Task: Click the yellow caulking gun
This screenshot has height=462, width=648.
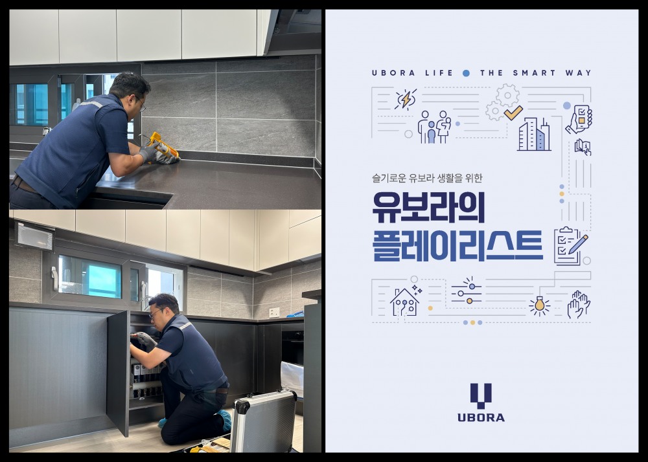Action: (162, 144)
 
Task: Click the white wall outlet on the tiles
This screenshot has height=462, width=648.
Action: (274, 312)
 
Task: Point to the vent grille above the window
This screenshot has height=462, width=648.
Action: (35, 237)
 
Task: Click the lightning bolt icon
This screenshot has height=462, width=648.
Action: (406, 100)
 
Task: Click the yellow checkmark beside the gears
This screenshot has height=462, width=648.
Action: (513, 113)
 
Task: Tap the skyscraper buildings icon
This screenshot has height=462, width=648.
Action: (533, 134)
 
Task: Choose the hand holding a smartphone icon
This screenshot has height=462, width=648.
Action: (579, 118)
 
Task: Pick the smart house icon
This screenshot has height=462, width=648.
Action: (405, 302)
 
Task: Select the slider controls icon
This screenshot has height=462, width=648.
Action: (467, 291)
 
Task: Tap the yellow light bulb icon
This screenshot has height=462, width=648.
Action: (539, 305)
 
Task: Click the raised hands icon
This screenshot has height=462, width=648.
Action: (578, 304)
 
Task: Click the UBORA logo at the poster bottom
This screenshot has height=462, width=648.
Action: (481, 402)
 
